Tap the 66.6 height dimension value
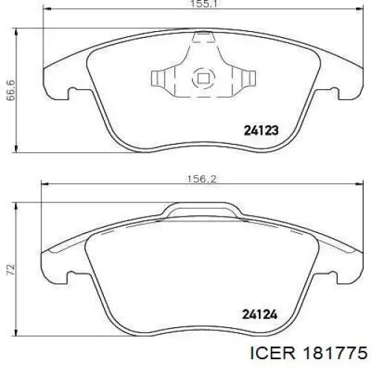10,91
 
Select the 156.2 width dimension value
202,179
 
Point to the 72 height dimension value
11,269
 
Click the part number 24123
261,131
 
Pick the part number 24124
260,315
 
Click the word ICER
272,353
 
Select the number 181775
335,353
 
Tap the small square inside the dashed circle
203,79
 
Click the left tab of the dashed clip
158,78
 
